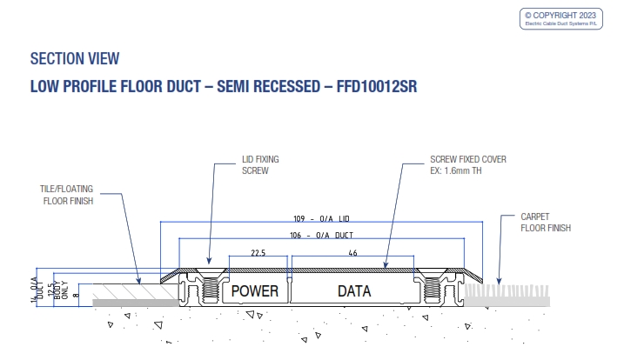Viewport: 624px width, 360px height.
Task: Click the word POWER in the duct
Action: pos(253,290)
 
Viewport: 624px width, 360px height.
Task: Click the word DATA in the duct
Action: pos(354,290)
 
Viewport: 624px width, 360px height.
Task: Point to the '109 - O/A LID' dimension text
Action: pos(321,218)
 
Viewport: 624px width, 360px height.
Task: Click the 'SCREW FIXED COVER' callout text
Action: pos(467,160)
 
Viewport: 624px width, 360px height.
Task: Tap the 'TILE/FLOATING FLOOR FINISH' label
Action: pos(67,195)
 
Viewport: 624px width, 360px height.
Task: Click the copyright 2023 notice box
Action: pos(564,19)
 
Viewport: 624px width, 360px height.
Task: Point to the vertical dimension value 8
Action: pos(76,296)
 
